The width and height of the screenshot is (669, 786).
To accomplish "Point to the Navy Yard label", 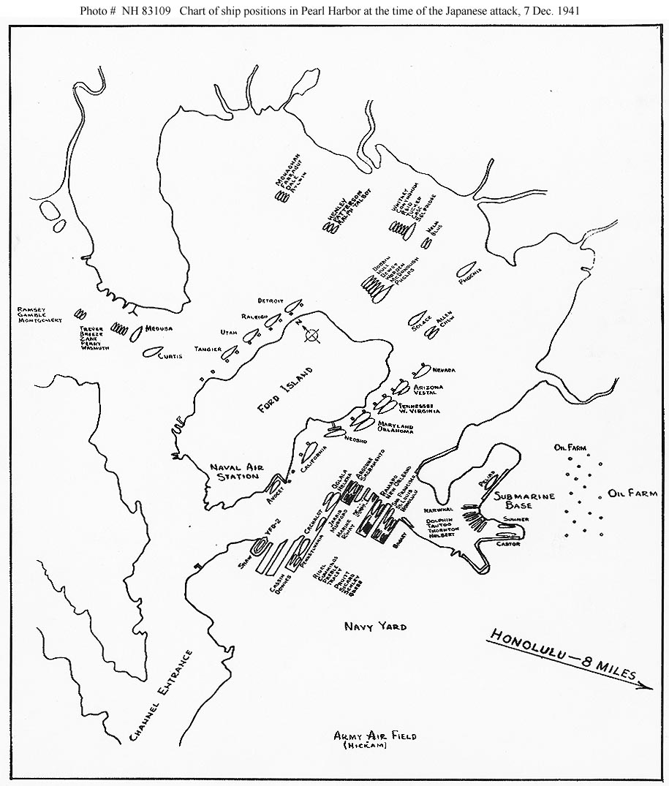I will [375, 627].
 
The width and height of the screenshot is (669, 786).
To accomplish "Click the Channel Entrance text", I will [160, 695].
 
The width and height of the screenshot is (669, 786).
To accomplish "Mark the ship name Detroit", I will [269, 301].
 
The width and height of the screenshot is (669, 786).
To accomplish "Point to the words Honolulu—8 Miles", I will [562, 656].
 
